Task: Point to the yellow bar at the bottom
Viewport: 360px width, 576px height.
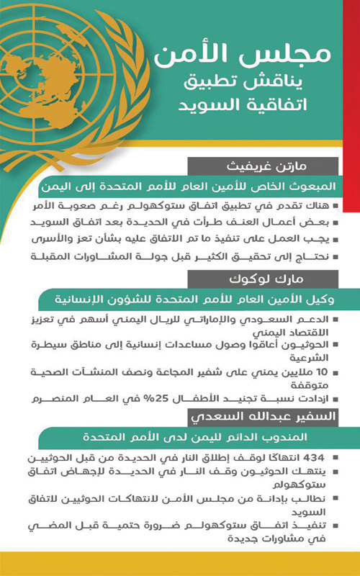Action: pos(180,564)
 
